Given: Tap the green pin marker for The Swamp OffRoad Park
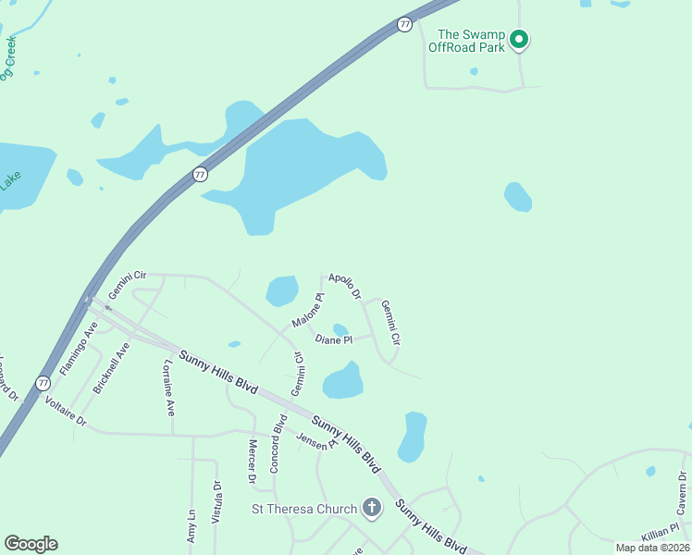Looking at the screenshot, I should tap(519, 39).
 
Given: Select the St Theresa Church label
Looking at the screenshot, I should tap(304, 509).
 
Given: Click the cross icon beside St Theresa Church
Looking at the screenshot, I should tap(372, 507).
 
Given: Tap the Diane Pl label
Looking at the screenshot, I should tap(334, 340).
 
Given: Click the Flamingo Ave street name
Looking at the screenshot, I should tap(79, 348).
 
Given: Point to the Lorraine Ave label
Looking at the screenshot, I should tap(169, 388).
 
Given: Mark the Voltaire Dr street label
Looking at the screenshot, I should tap(65, 413).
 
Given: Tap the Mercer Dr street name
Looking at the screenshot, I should tap(252, 462).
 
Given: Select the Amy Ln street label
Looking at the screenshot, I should tap(192, 526).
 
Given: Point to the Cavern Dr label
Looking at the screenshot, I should tap(680, 493).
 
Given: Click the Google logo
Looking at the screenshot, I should tap(31, 544).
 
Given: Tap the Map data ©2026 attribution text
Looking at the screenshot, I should tap(652, 548).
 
